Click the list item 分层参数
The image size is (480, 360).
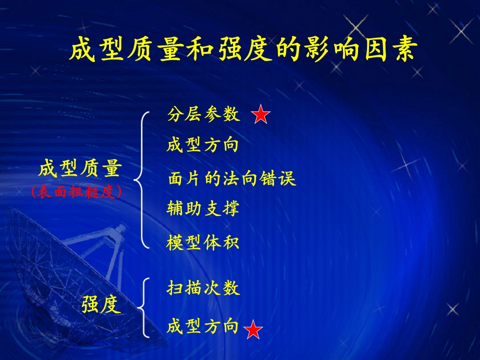[x=203, y=114]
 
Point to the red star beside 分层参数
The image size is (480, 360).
[x=260, y=114]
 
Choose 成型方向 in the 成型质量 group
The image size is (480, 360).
[x=202, y=145]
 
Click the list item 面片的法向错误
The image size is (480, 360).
[x=231, y=178]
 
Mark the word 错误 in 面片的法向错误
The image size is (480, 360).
[x=277, y=178]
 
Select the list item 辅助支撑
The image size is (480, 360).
[x=202, y=208]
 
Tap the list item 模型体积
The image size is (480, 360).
[x=202, y=242]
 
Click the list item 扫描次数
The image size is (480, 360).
[x=203, y=288]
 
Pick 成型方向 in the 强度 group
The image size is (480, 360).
[x=202, y=325]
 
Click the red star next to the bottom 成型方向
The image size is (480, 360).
[x=253, y=329]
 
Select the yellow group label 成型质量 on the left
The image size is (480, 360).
[x=80, y=168]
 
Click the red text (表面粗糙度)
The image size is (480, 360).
[x=76, y=192]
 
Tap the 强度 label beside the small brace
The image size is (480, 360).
[x=101, y=304]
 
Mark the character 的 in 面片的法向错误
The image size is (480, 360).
[x=212, y=178]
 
